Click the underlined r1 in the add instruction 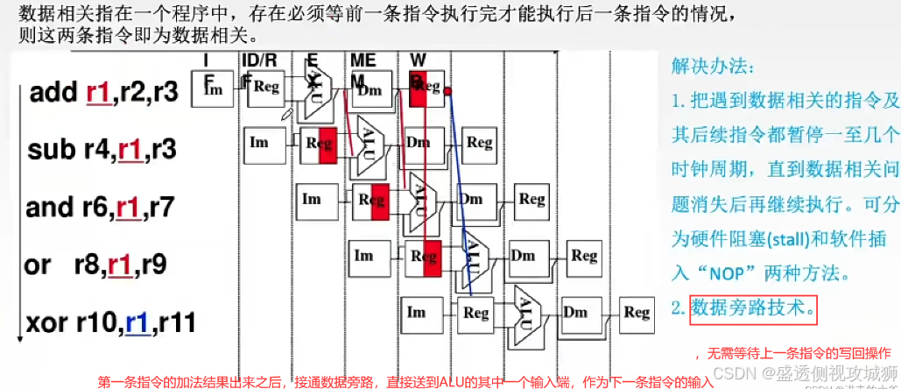click(97, 93)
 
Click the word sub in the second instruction click(52, 149)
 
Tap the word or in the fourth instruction click(38, 265)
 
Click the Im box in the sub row click(259, 141)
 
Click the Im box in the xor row click(417, 313)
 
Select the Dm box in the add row click(372, 90)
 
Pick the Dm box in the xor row click(576, 313)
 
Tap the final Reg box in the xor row click(637, 313)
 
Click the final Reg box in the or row click(583, 256)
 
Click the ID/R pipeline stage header click(259, 60)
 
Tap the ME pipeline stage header click(363, 60)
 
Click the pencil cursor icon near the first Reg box click(286, 113)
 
